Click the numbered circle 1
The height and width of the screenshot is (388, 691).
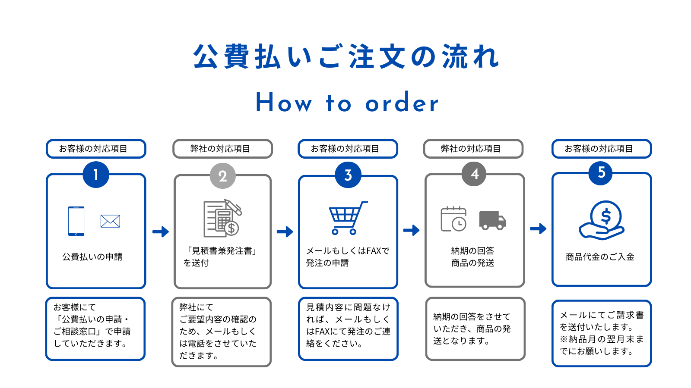click(96, 175)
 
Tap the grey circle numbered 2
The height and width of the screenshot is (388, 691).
click(222, 176)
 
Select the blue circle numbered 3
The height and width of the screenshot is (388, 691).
click(348, 175)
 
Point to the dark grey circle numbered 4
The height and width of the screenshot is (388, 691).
click(474, 174)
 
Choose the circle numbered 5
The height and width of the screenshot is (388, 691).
click(601, 172)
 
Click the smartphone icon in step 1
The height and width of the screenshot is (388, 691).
click(76, 221)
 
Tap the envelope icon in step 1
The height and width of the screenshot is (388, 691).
click(110, 221)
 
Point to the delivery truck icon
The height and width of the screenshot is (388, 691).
click(492, 220)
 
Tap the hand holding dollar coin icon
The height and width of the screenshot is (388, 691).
click(602, 220)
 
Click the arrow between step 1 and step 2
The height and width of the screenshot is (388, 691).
click(161, 232)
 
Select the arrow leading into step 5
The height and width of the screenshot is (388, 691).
click(538, 228)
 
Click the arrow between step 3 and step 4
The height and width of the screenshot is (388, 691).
click(412, 230)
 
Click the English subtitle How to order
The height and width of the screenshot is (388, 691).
click(347, 103)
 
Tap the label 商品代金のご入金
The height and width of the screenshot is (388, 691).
click(600, 257)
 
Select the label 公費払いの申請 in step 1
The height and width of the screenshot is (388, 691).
click(92, 257)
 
